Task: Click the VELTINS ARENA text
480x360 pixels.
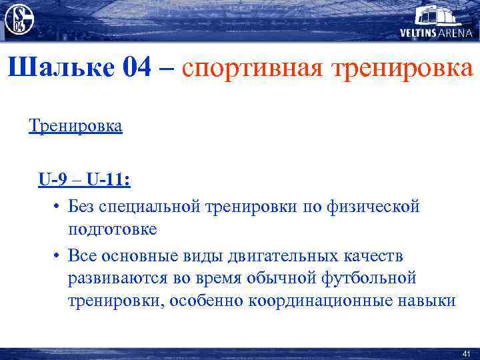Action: [x=436, y=33]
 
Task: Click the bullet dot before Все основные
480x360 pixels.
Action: [x=58, y=255]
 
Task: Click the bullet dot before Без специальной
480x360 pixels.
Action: [x=58, y=206]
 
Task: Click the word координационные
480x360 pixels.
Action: [x=323, y=300]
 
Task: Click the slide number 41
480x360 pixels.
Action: [x=466, y=353]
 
